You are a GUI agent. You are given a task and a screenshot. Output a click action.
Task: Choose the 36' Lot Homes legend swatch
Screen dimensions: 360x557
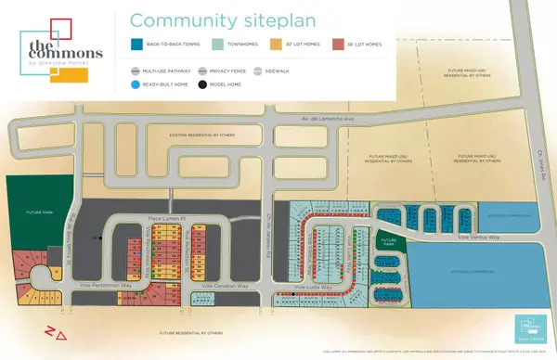tap(339, 44)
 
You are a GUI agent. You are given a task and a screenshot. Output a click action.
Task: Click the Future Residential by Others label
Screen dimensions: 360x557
tap(190, 332)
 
